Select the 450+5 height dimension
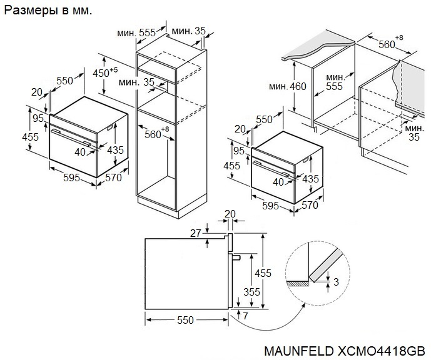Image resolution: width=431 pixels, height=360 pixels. coord(104,73)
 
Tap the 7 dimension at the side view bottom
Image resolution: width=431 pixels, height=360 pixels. coord(246,316)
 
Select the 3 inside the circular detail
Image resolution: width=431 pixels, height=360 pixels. coord(336,282)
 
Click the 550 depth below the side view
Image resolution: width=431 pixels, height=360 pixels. coord(184,320)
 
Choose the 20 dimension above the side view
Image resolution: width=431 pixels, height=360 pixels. coord(230,214)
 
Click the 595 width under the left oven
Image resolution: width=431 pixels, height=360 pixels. coord(71,178)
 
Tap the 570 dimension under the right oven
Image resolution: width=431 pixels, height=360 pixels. coord(310,205)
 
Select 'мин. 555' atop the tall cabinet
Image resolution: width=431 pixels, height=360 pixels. coord(138,32)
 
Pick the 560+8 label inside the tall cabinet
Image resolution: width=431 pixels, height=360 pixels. coord(155,133)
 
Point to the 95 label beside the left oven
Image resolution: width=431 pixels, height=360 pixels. coord(38,118)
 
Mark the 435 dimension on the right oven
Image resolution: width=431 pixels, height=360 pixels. coord(310,179)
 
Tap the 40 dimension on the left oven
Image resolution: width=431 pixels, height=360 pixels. coord(80,152)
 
